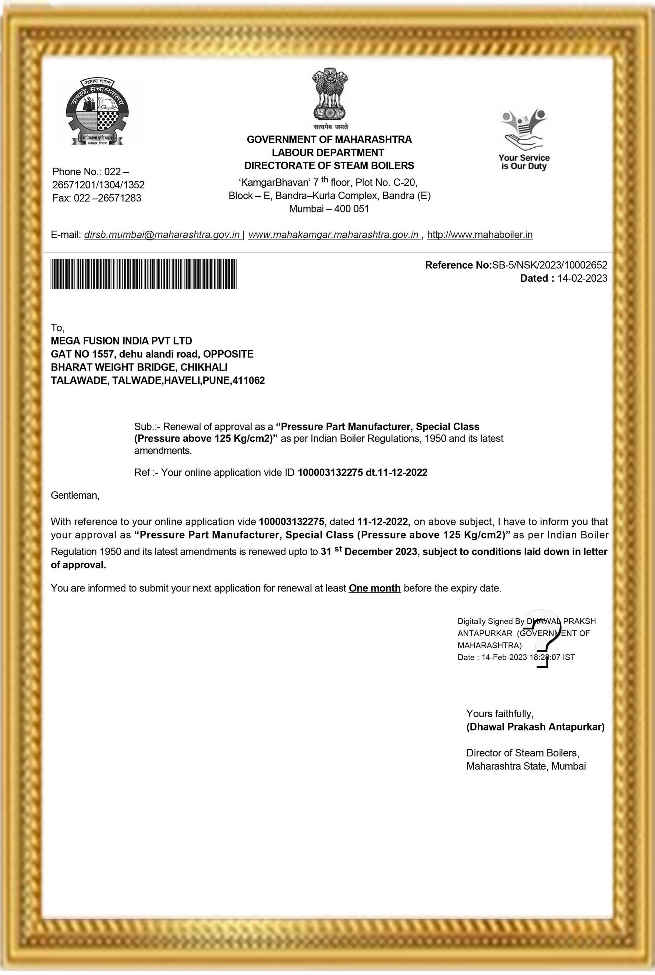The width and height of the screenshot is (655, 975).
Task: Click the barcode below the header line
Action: click(x=144, y=274)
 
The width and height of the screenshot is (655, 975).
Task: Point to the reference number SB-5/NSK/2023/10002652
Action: click(x=550, y=265)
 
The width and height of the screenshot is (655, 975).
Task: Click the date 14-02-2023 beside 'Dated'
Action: click(x=582, y=278)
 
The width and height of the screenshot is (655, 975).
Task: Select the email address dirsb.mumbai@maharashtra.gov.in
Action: click(x=162, y=235)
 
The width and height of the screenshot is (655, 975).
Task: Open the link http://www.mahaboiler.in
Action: click(x=480, y=235)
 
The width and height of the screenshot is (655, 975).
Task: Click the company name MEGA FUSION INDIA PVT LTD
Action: click(x=122, y=341)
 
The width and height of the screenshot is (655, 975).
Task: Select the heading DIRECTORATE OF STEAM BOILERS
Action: click(x=329, y=166)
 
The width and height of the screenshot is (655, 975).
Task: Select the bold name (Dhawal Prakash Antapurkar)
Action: click(x=535, y=727)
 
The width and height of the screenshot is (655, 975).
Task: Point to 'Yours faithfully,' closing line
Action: click(x=500, y=713)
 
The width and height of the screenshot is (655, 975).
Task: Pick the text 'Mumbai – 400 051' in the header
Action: click(x=329, y=209)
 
